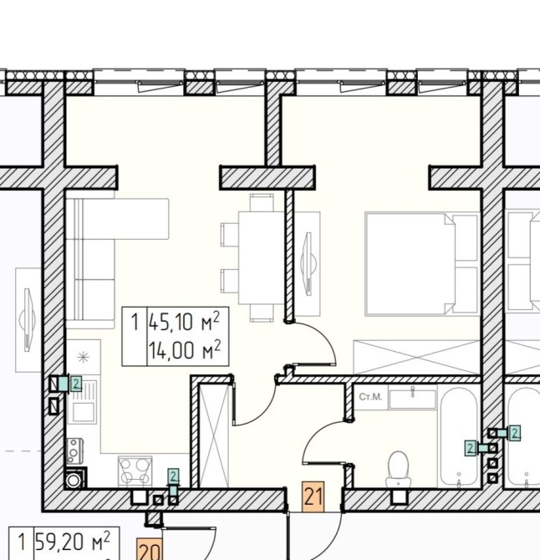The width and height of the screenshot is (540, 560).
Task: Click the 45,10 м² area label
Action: [x=184, y=322]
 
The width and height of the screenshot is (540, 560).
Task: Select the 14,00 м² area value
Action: [x=185, y=350]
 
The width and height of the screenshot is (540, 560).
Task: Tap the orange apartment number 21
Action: [x=313, y=496]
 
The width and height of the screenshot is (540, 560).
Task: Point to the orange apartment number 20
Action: [x=150, y=549]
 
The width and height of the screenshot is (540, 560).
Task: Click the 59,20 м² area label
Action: [x=72, y=542]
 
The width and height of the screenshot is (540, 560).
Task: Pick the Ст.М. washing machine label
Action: [x=370, y=397]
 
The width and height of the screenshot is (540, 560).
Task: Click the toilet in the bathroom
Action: [x=398, y=469]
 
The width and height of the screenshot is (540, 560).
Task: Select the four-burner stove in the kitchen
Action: [x=135, y=471]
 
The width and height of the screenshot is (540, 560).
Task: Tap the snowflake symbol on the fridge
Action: [x=84, y=357]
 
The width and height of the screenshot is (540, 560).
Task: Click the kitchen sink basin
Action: [x=84, y=413]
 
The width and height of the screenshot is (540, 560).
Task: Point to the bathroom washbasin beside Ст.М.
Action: [x=412, y=399]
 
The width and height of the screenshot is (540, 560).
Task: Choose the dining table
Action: [x=262, y=257]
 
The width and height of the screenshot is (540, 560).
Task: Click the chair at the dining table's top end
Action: [x=262, y=202]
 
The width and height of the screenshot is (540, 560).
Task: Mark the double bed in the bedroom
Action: [x=422, y=264]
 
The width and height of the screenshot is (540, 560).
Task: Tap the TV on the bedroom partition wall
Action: [x=308, y=263]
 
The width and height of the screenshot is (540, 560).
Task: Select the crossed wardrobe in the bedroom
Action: [x=416, y=358]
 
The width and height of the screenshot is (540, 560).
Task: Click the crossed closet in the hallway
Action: [x=213, y=435]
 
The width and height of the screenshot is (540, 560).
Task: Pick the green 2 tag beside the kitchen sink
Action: [x=76, y=384]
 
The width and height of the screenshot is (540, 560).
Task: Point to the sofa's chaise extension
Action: [x=126, y=219]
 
